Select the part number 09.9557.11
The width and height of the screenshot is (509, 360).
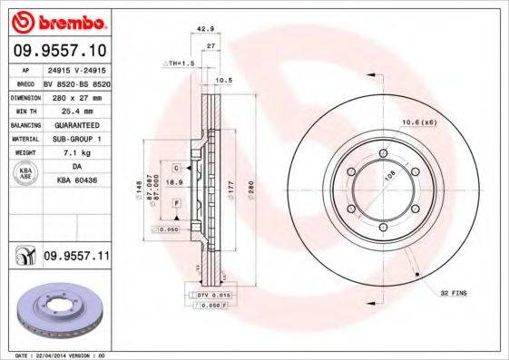75,258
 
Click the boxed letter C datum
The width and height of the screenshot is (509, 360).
176,167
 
